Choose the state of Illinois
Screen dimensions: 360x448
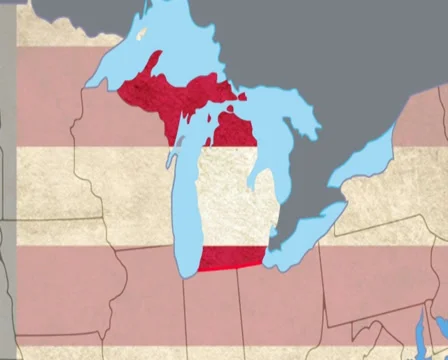150,310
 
